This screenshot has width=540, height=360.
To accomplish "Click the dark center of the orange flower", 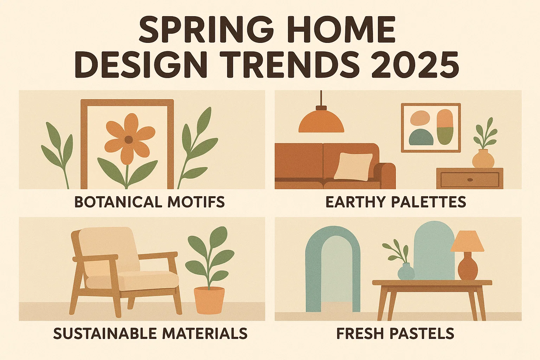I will point(129,139).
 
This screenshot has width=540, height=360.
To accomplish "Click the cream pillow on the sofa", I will point(353,166).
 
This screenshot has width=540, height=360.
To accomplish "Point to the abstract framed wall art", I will point(431,128).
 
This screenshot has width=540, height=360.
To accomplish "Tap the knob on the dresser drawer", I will point(470,180).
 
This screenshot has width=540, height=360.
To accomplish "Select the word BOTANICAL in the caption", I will point(118,202).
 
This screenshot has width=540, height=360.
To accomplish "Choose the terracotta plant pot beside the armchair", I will point(209,300).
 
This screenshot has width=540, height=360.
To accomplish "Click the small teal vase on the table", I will point(406,272).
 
